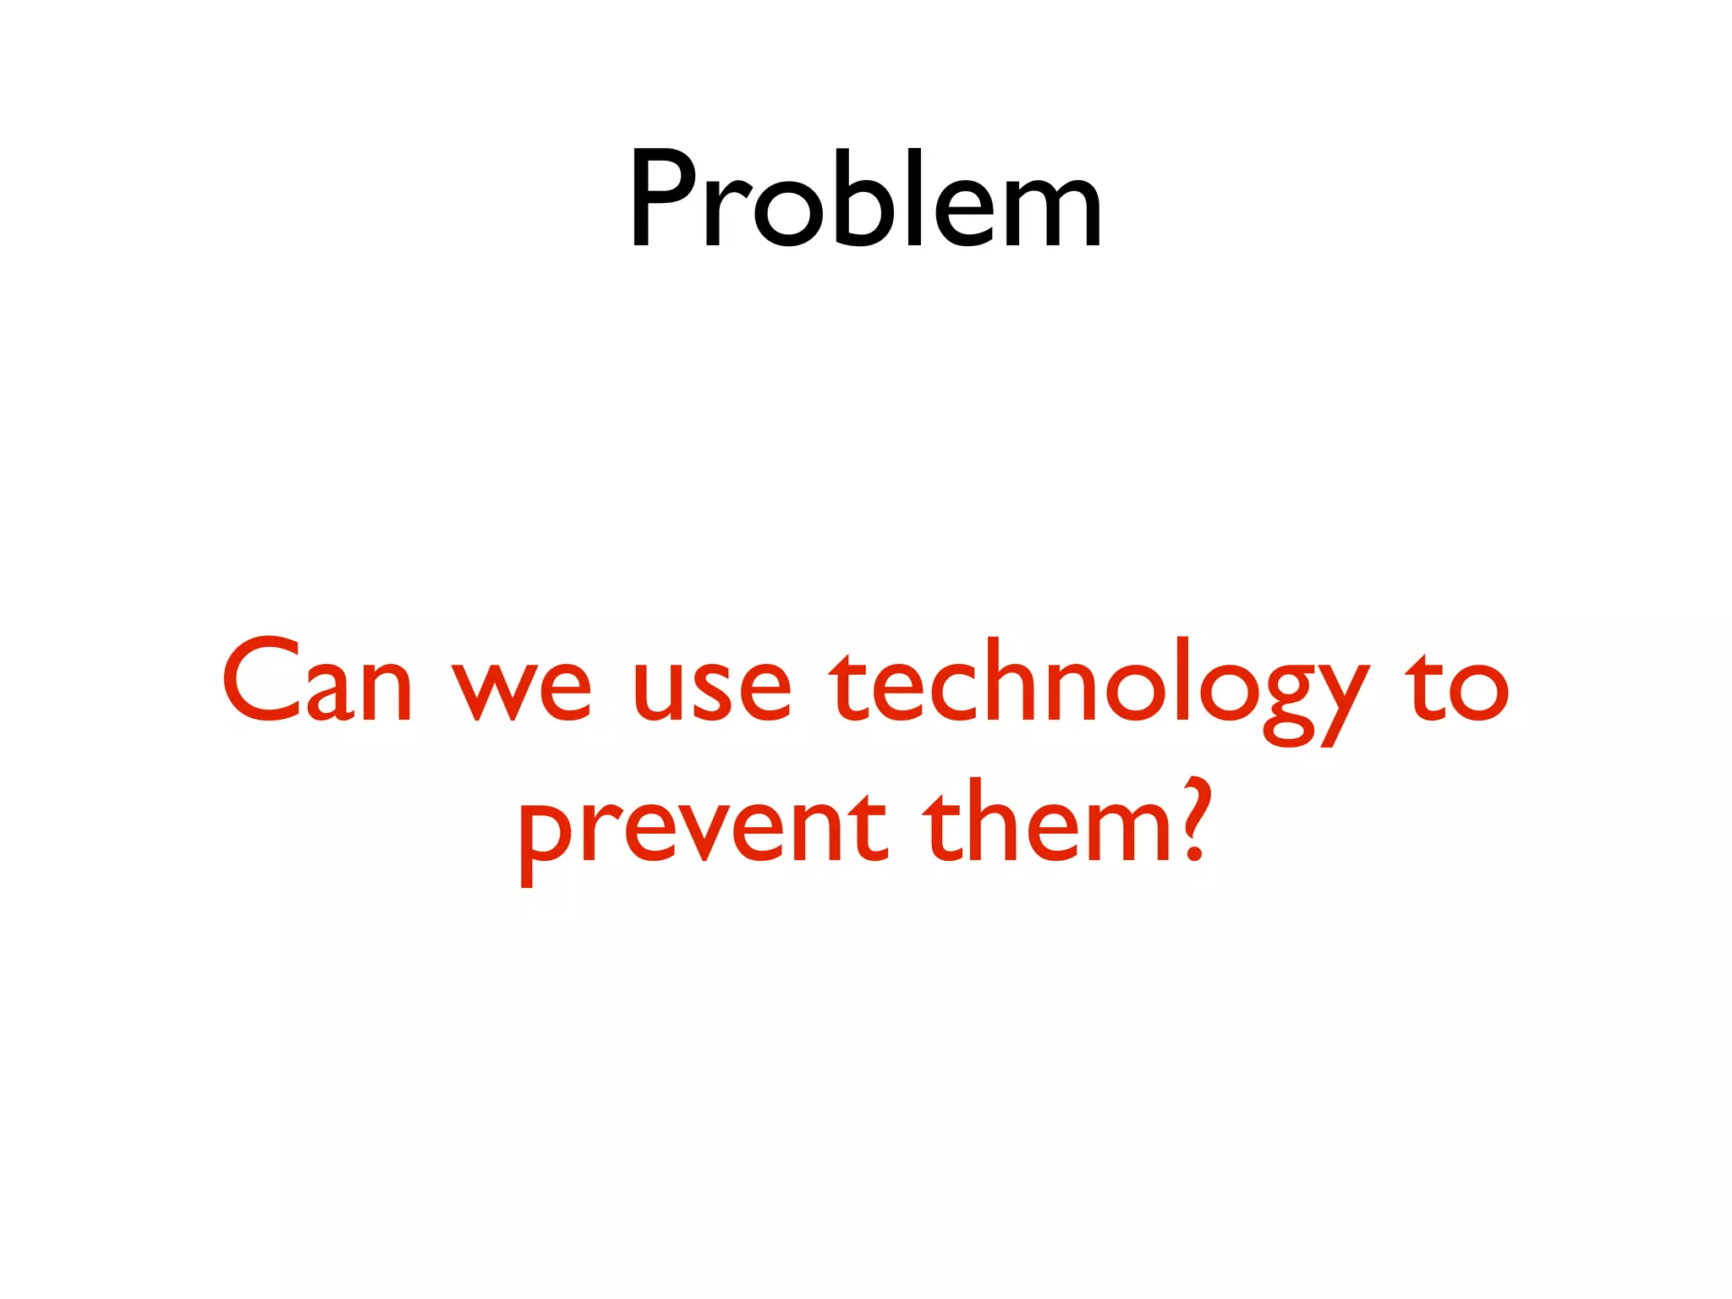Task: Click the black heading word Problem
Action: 864,200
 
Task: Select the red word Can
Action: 317,682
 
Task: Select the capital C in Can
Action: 264,680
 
